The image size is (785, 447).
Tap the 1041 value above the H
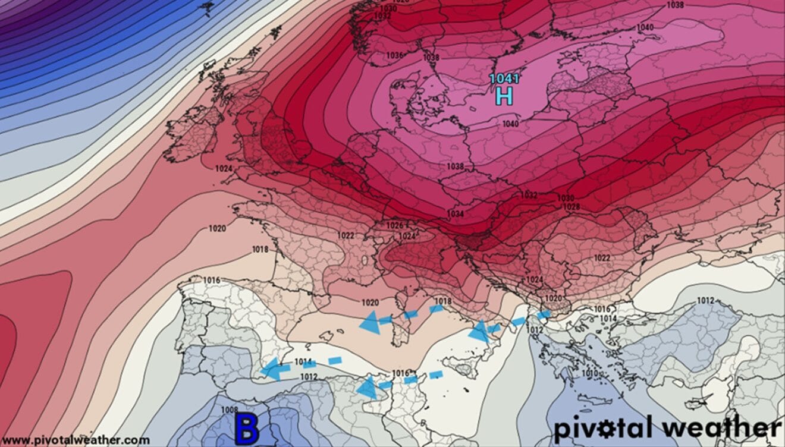[504, 78]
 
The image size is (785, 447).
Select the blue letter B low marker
[246, 429]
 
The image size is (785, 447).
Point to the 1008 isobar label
[229, 410]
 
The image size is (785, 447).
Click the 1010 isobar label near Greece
[590, 373]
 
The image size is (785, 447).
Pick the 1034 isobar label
[456, 213]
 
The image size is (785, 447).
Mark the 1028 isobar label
[571, 206]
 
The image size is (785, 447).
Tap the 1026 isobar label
[394, 226]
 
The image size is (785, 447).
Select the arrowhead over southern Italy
[479, 331]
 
